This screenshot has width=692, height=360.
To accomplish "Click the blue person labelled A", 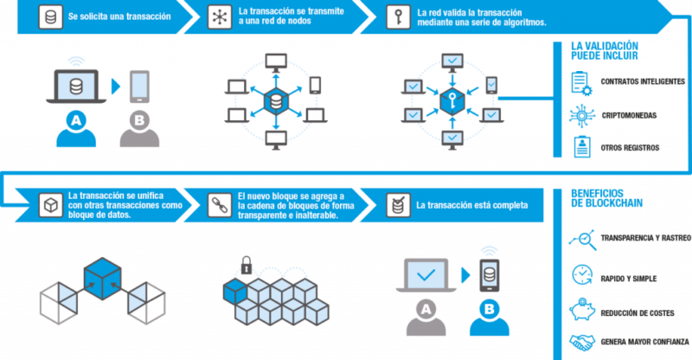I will [76, 129].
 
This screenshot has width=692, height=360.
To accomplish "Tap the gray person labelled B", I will [140, 129].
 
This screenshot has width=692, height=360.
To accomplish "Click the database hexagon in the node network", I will [276, 101].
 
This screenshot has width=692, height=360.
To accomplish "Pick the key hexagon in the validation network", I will [452, 101].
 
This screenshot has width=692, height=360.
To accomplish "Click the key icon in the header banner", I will [400, 17].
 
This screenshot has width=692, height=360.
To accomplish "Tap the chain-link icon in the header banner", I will [221, 204].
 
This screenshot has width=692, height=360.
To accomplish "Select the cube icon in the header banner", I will [50, 204].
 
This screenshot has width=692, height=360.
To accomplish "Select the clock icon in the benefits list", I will [579, 276].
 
